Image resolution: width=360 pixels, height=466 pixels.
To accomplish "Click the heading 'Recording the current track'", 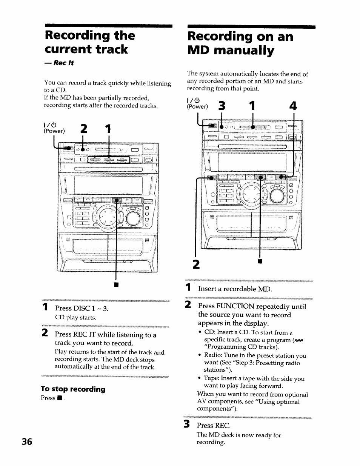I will pos(89,42).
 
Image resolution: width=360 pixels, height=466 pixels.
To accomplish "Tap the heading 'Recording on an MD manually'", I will pos(240,43).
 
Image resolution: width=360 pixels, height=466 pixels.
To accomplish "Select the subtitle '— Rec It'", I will pos(59,63).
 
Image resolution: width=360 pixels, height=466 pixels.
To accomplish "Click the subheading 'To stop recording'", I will pos(73,389).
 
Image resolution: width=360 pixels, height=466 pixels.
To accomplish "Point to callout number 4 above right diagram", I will pos(293,107).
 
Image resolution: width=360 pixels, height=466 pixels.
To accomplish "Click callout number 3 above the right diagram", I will pos(222,107).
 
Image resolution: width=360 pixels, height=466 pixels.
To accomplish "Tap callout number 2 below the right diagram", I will pos(195,265).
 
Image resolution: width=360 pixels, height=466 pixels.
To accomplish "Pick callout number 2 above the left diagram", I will pos(83,129).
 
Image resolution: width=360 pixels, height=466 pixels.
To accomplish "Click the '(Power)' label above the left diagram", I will pos(54,131).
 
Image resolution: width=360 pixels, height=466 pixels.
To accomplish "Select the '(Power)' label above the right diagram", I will pos(197,107).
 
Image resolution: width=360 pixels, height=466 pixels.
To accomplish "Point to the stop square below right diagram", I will pos(260,261).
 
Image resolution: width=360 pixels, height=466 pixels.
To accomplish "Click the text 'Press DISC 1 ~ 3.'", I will pos(82,308).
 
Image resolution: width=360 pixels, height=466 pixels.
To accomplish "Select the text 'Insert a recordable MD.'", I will pos(235,289).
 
